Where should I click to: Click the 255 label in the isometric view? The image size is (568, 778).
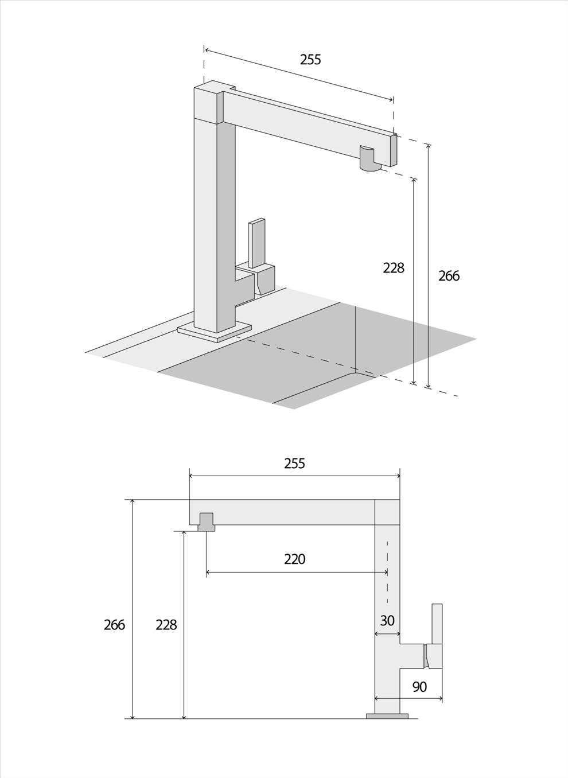click(x=310, y=60)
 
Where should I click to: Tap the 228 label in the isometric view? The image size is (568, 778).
click(x=394, y=268)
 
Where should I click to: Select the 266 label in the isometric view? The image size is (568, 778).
click(x=449, y=276)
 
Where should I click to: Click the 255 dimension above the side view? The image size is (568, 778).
click(x=294, y=464)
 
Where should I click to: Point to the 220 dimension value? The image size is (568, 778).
click(x=294, y=559)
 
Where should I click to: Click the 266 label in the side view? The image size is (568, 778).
click(x=114, y=625)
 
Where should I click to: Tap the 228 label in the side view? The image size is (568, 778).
click(x=166, y=625)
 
